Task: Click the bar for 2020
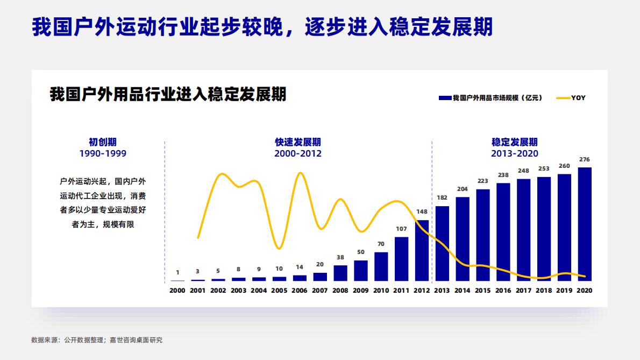tap(585, 224)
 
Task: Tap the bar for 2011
tap(401, 259)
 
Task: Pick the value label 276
tap(585, 159)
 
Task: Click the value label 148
tap(422, 211)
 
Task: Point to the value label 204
tap(463, 189)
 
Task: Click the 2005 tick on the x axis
tap(279, 291)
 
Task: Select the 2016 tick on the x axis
tap(503, 291)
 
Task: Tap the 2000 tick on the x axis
tap(177, 291)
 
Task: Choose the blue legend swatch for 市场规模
tap(445, 98)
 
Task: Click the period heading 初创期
tap(103, 142)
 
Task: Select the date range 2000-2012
tap(298, 153)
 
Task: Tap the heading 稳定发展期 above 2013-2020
tap(514, 142)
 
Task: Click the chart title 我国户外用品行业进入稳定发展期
tap(168, 95)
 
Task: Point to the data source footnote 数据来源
tap(97, 340)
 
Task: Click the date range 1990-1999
tap(103, 153)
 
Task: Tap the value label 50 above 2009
tap(361, 252)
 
